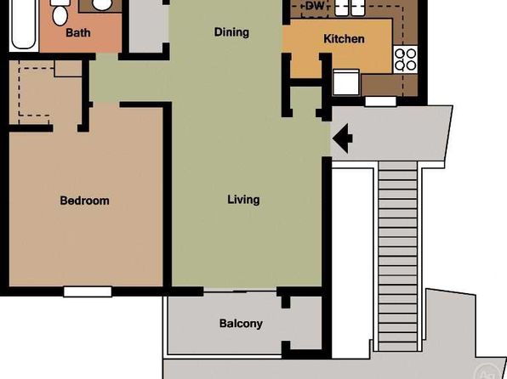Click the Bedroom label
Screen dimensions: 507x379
(x=84, y=201)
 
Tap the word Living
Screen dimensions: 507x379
(x=243, y=200)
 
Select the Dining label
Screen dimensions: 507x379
(x=231, y=32)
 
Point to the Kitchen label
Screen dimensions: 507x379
(x=344, y=39)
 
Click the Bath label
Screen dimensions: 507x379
(x=78, y=32)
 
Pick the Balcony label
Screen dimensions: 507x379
(x=241, y=324)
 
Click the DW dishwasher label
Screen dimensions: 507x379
(x=314, y=6)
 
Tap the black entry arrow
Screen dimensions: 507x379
(x=343, y=139)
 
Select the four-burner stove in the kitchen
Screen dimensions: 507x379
(x=406, y=59)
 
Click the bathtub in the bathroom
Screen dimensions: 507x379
(x=23, y=25)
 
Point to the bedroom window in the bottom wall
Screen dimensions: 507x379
(x=88, y=291)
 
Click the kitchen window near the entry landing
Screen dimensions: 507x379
(x=380, y=101)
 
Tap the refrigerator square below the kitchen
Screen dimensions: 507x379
(x=346, y=82)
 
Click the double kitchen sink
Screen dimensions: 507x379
(x=350, y=8)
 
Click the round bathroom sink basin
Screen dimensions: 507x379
(x=101, y=4)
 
